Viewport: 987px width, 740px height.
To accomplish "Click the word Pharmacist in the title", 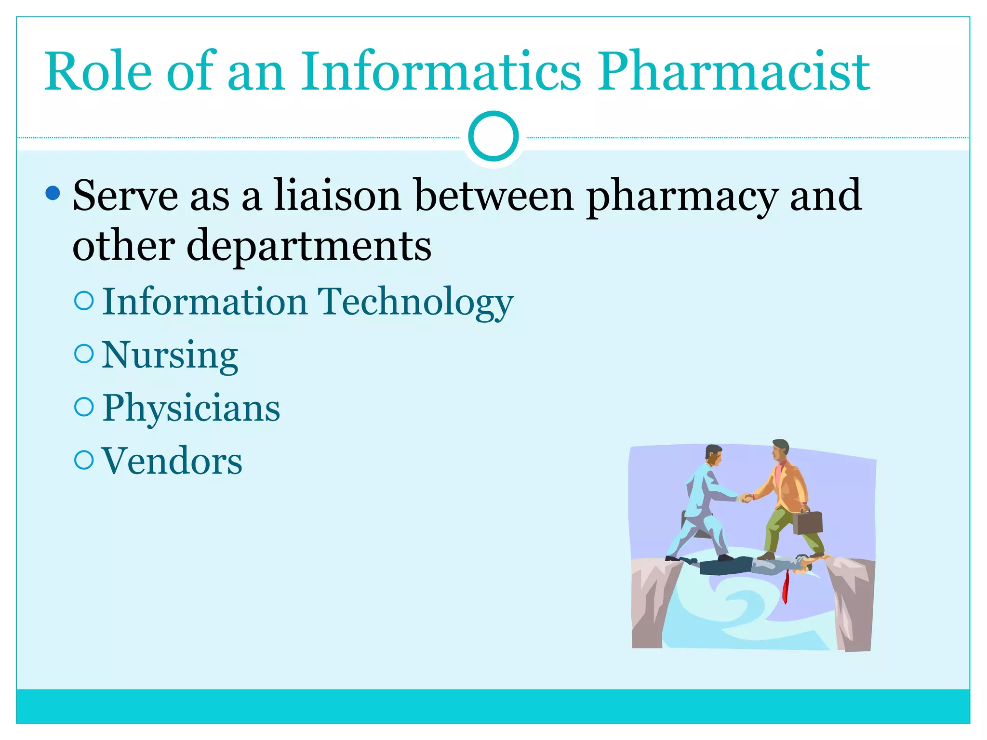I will coord(734,72).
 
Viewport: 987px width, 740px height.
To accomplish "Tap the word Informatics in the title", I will coord(440,72).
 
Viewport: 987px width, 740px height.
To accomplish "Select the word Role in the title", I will coord(98,72).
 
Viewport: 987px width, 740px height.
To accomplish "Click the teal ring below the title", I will coord(493,136).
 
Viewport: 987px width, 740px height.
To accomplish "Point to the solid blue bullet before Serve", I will coord(53,193).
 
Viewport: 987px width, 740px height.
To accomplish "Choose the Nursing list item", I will coord(170,356).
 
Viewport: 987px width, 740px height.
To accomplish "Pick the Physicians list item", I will coord(191,409).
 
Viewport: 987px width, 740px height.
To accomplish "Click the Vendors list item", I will coord(172,462).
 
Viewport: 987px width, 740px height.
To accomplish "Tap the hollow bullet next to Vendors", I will coord(84,460).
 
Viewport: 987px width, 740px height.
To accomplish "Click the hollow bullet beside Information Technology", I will coord(84,301).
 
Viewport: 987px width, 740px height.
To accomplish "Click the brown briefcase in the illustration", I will coord(807,522).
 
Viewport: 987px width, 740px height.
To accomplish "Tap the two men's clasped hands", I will coord(745,498).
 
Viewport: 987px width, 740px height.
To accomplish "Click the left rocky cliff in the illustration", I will coord(651,602).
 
